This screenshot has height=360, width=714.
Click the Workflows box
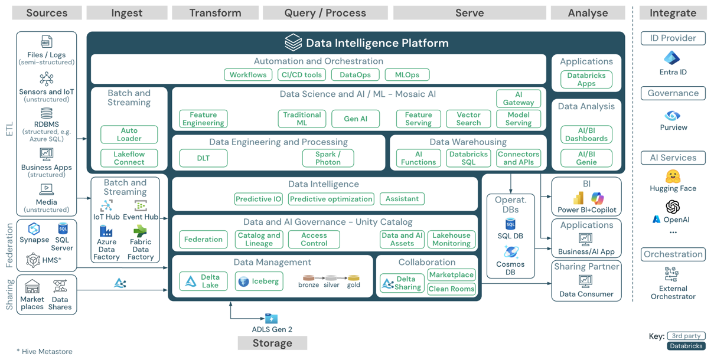click(248, 75)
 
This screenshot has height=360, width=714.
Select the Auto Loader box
click(129, 135)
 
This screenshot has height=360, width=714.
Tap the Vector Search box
click(468, 119)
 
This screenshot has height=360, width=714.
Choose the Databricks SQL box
click(468, 158)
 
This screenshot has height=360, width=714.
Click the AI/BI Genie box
click(586, 158)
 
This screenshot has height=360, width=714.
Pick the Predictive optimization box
click(331, 199)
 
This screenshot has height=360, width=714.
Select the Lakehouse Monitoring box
click(451, 239)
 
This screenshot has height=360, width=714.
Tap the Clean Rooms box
click(451, 289)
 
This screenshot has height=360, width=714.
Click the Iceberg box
click(259, 282)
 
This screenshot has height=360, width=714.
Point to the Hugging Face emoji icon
click(673, 176)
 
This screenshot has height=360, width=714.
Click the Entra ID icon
click(672, 58)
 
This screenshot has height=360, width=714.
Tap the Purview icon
click(672, 116)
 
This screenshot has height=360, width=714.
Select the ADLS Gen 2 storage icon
click(271, 318)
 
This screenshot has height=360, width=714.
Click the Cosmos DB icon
click(511, 252)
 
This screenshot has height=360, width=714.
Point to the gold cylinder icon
click(354, 278)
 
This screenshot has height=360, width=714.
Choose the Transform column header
click(215, 13)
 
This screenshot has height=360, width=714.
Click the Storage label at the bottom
click(272, 343)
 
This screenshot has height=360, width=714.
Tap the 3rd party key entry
click(686, 336)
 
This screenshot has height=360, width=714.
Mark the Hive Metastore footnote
click(45, 351)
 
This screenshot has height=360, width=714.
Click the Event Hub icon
click(140, 206)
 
